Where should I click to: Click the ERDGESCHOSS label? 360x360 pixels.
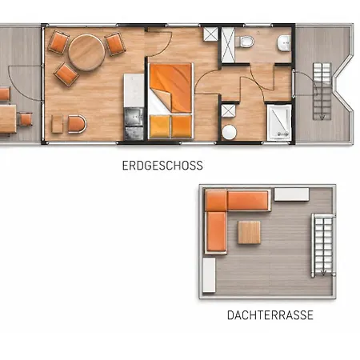point(162,166)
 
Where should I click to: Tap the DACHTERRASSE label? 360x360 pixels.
point(270,315)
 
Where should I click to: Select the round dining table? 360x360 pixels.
point(86,52)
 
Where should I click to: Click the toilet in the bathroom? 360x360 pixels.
point(246,42)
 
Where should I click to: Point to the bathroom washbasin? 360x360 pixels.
point(284,43)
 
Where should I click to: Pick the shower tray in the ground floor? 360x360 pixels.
point(279,122)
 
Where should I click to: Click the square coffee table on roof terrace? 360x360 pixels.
point(249,232)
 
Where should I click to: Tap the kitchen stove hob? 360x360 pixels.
point(134,117)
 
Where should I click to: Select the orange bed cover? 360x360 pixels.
point(171,87)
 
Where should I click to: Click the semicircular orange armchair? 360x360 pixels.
point(77,124)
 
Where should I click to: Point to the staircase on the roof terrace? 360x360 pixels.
point(323,246)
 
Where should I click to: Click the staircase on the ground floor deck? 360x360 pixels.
point(322,91)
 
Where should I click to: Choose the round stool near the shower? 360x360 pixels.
point(229,132)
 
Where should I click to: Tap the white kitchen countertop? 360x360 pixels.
point(134,90)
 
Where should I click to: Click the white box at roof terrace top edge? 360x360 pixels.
point(291,194)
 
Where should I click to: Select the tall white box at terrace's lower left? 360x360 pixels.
point(209,275)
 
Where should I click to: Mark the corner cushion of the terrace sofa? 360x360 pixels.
point(216,200)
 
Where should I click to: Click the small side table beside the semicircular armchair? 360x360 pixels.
point(57,124)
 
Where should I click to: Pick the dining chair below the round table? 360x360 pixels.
point(66,74)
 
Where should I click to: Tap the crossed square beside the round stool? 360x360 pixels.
point(229,111)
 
